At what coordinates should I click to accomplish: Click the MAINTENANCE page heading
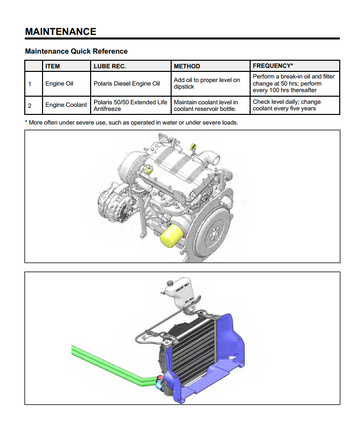[x=61, y=32]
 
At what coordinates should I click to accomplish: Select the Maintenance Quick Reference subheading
[x=76, y=51]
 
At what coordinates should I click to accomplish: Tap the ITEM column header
[x=53, y=66]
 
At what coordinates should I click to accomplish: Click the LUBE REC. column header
[x=110, y=66]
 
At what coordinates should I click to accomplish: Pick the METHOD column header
[x=187, y=66]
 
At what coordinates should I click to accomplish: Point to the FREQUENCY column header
[x=273, y=66]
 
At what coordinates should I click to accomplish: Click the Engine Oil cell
[x=59, y=84]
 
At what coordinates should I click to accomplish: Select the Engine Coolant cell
[x=66, y=105]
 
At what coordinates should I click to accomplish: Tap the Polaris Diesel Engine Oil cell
[x=127, y=84]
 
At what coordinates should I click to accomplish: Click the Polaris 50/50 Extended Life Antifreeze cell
[x=130, y=105]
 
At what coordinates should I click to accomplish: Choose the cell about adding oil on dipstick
[x=207, y=83]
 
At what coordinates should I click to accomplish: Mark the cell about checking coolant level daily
[x=287, y=105]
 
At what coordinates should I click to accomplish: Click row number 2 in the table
[x=30, y=105]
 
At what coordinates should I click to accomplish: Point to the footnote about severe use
[x=132, y=123]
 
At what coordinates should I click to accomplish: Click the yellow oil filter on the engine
[x=172, y=236]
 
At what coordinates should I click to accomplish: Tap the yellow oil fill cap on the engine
[x=149, y=169]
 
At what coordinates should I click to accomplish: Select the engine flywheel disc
[x=212, y=231]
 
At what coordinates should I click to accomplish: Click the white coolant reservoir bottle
[x=180, y=292]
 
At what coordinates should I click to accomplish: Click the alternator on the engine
[x=112, y=203]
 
